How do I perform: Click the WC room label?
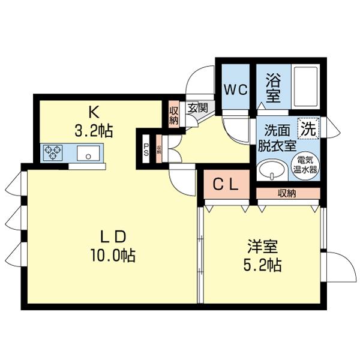tap(236, 90)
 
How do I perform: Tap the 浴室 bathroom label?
tap(273, 88)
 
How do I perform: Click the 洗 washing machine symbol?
tap(309, 127)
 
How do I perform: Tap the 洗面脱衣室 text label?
tap(277, 137)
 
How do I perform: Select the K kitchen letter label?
tap(94, 112)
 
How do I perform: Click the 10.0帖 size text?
tap(112, 256)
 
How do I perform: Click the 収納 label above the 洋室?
tap(287, 193)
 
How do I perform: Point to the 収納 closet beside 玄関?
tap(174, 114)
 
